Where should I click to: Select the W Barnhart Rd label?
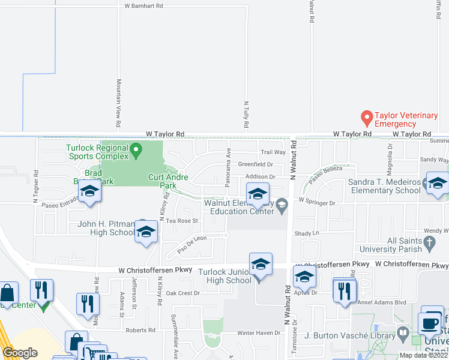point(143,6)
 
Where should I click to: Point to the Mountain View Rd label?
point(119,103)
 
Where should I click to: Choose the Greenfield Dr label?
point(256,164)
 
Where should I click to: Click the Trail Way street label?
point(273,152)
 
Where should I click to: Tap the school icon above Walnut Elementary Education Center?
point(258,193)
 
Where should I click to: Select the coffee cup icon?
point(429,323)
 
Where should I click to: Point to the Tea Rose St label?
point(182,221)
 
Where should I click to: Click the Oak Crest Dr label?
point(182,293)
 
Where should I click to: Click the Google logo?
point(20,353)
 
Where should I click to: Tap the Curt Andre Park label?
point(168,181)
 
